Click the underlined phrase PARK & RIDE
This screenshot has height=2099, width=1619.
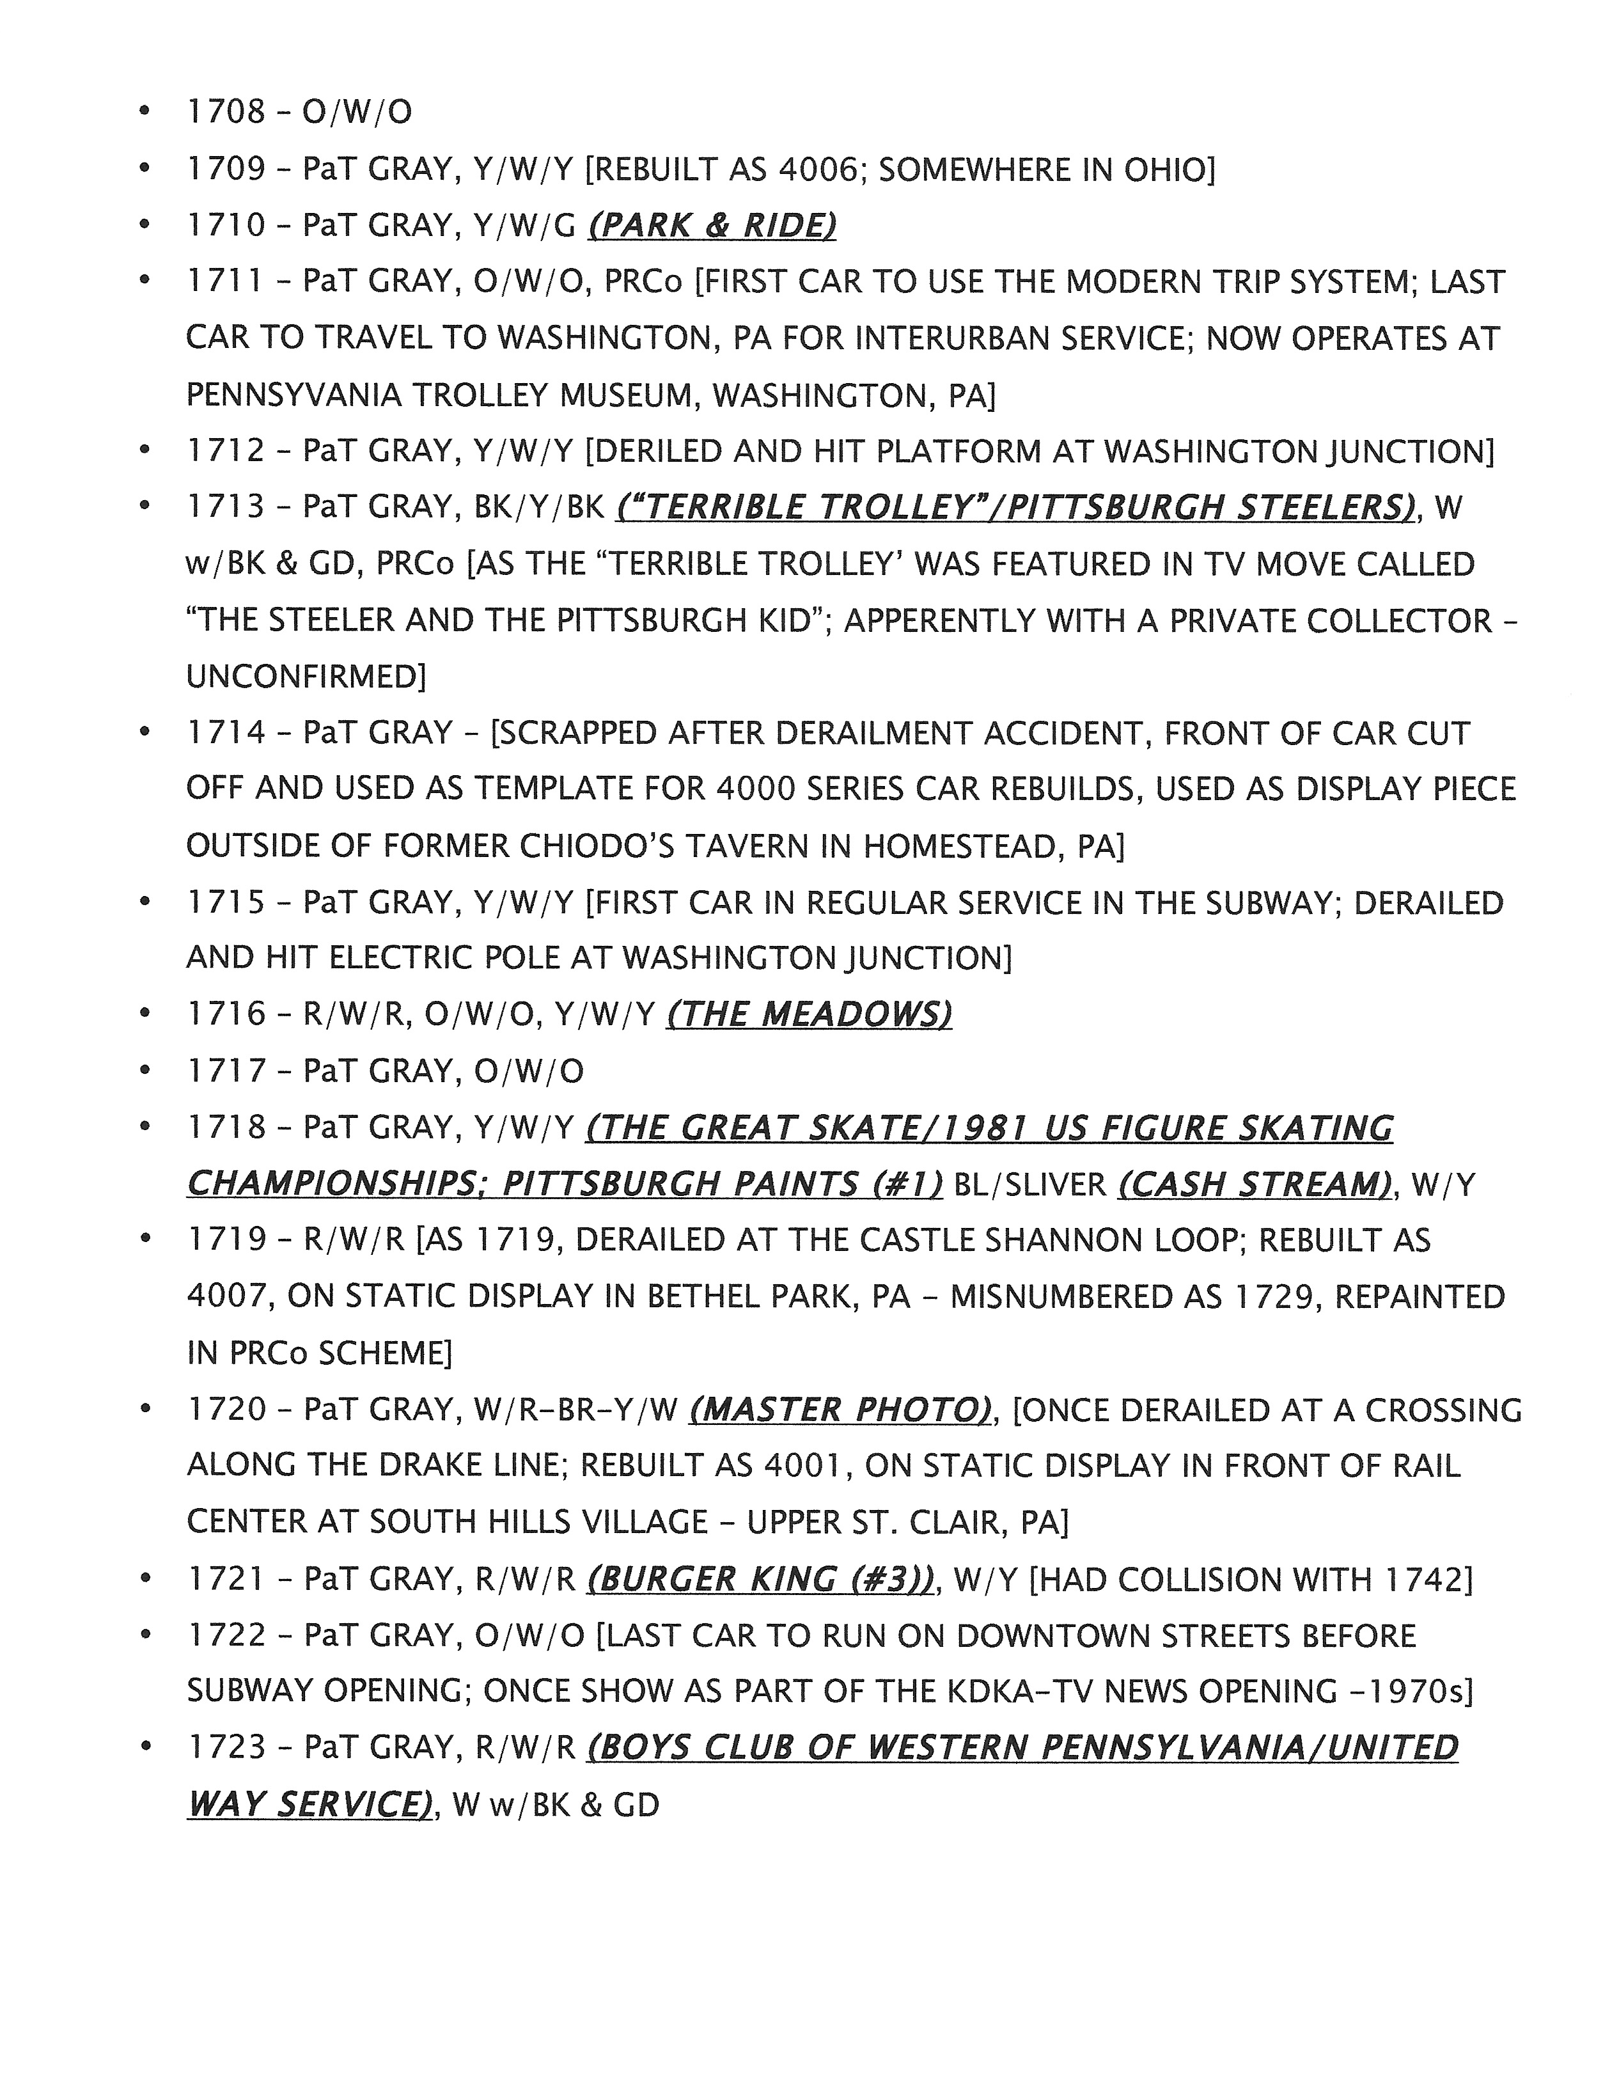(711, 226)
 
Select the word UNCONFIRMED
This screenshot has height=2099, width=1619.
(304, 677)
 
